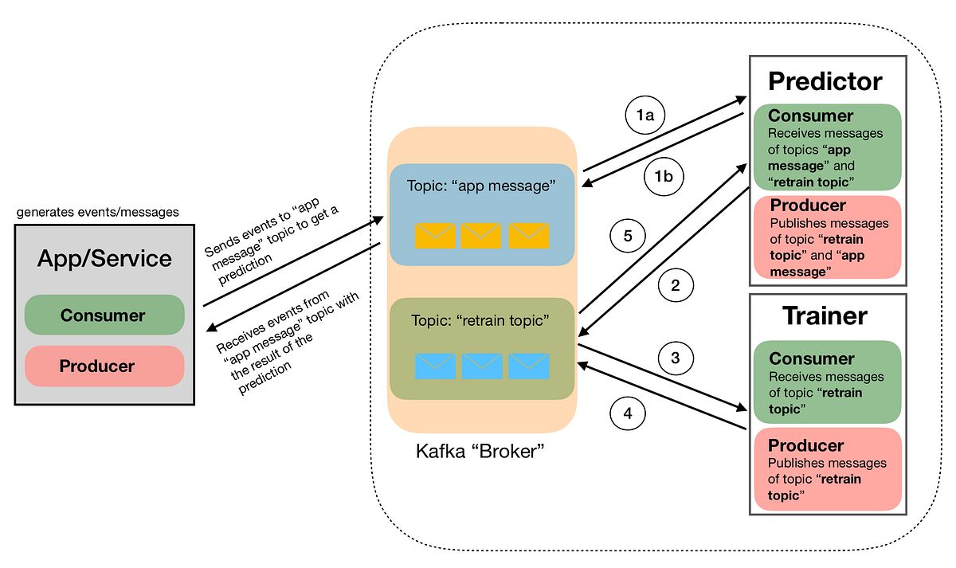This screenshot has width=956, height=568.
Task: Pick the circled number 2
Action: pyautogui.click(x=676, y=285)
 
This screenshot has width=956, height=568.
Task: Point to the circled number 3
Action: pyautogui.click(x=676, y=358)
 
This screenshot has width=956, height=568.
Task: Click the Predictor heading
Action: pyautogui.click(x=825, y=80)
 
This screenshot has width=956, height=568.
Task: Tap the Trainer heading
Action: pyautogui.click(x=825, y=315)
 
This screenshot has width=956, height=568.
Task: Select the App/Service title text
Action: pyautogui.click(x=104, y=258)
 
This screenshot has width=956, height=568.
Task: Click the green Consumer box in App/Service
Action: pyautogui.click(x=104, y=315)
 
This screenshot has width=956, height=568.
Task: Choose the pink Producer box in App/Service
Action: pyautogui.click(x=104, y=366)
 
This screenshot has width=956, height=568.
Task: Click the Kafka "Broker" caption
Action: pyautogui.click(x=480, y=452)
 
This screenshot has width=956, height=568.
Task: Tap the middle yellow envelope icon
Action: pyautogui.click(x=481, y=234)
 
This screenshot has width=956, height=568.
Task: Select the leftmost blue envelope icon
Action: pyautogui.click(x=434, y=366)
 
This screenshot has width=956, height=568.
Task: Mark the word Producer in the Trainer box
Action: pyautogui.click(x=805, y=445)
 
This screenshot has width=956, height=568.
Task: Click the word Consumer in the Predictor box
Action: pyautogui.click(x=811, y=116)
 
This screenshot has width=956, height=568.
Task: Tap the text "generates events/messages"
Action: pyautogui.click(x=96, y=212)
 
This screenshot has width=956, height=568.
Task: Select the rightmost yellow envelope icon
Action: pyautogui.click(x=529, y=234)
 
